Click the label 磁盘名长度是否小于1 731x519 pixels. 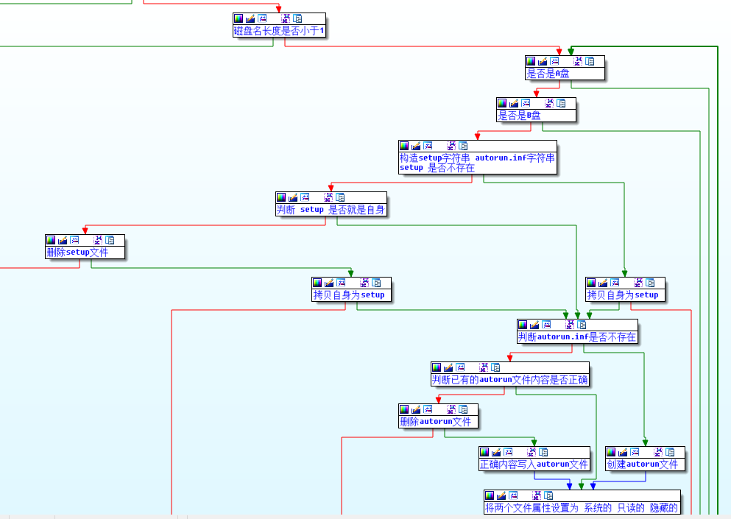point(280,31)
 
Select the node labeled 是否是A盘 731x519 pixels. point(548,74)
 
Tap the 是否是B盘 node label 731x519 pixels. point(520,116)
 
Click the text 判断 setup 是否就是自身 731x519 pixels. point(331,209)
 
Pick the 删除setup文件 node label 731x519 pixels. point(77,252)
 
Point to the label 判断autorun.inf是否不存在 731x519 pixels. point(577,336)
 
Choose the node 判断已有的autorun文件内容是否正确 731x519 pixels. point(510,380)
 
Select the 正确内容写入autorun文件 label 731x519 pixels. point(534,465)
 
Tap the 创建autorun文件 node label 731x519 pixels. point(642,465)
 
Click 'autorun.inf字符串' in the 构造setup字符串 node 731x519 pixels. point(515,158)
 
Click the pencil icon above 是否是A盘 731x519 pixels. point(543,61)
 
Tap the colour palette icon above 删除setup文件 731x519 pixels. point(51,240)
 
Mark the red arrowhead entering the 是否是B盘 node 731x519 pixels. point(536,93)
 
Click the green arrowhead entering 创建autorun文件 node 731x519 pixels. point(645,442)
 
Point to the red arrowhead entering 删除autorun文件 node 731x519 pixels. point(438,400)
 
